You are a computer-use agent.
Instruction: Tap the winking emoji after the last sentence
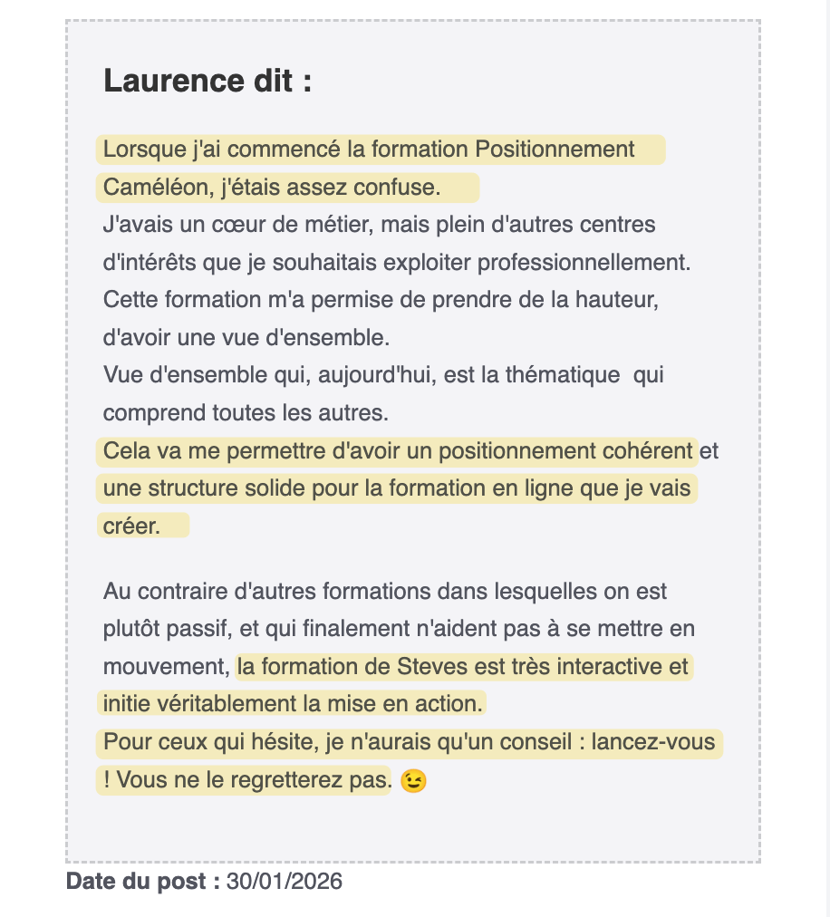coord(413,780)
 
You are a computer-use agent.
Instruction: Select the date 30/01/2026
coord(285,881)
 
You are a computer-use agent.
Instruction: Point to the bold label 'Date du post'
coord(142,881)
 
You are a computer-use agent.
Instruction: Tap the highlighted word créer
coord(131,526)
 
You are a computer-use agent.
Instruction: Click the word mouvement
coord(165,667)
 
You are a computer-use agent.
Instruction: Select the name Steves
coord(430,667)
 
